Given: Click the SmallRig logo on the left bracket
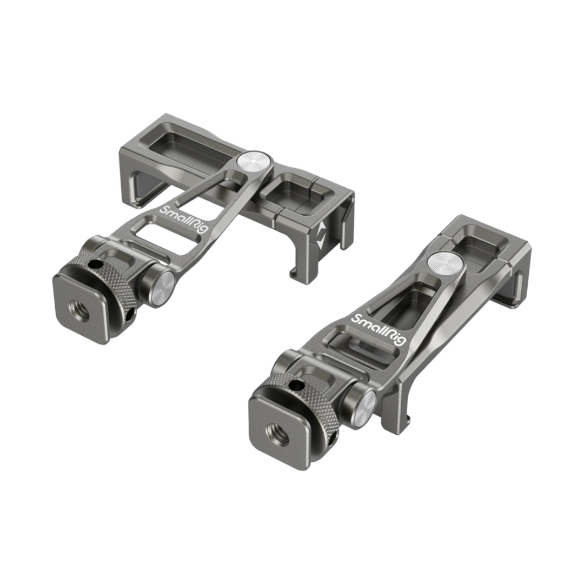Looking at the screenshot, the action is pyautogui.click(x=183, y=220).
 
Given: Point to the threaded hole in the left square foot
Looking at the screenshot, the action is pyautogui.click(x=79, y=308).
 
